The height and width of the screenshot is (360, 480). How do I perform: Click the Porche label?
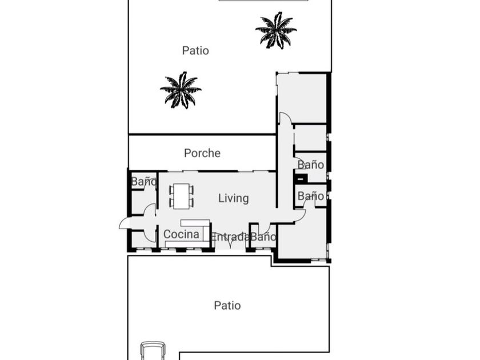[202, 153]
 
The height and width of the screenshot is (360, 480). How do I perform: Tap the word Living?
[233, 198]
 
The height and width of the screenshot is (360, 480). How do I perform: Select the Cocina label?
[181, 234]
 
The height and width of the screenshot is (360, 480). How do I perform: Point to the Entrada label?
[230, 237]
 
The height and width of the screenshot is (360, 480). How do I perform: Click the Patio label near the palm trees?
[195, 50]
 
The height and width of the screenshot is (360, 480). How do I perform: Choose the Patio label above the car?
[227, 305]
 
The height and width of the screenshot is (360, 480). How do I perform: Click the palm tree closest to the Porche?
[181, 90]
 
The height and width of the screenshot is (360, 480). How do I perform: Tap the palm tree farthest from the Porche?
[276, 30]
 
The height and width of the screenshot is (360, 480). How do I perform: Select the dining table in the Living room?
[182, 196]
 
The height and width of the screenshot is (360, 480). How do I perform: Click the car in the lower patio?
[153, 351]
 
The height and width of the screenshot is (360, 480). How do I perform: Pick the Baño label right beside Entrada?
[263, 237]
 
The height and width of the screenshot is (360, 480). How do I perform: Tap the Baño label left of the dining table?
[143, 182]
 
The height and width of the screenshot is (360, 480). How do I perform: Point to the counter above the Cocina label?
[195, 223]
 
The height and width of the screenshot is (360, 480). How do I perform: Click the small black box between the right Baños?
[301, 178]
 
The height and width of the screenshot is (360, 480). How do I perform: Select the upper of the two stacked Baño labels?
[311, 165]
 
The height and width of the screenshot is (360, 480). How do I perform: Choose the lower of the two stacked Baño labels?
[311, 196]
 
